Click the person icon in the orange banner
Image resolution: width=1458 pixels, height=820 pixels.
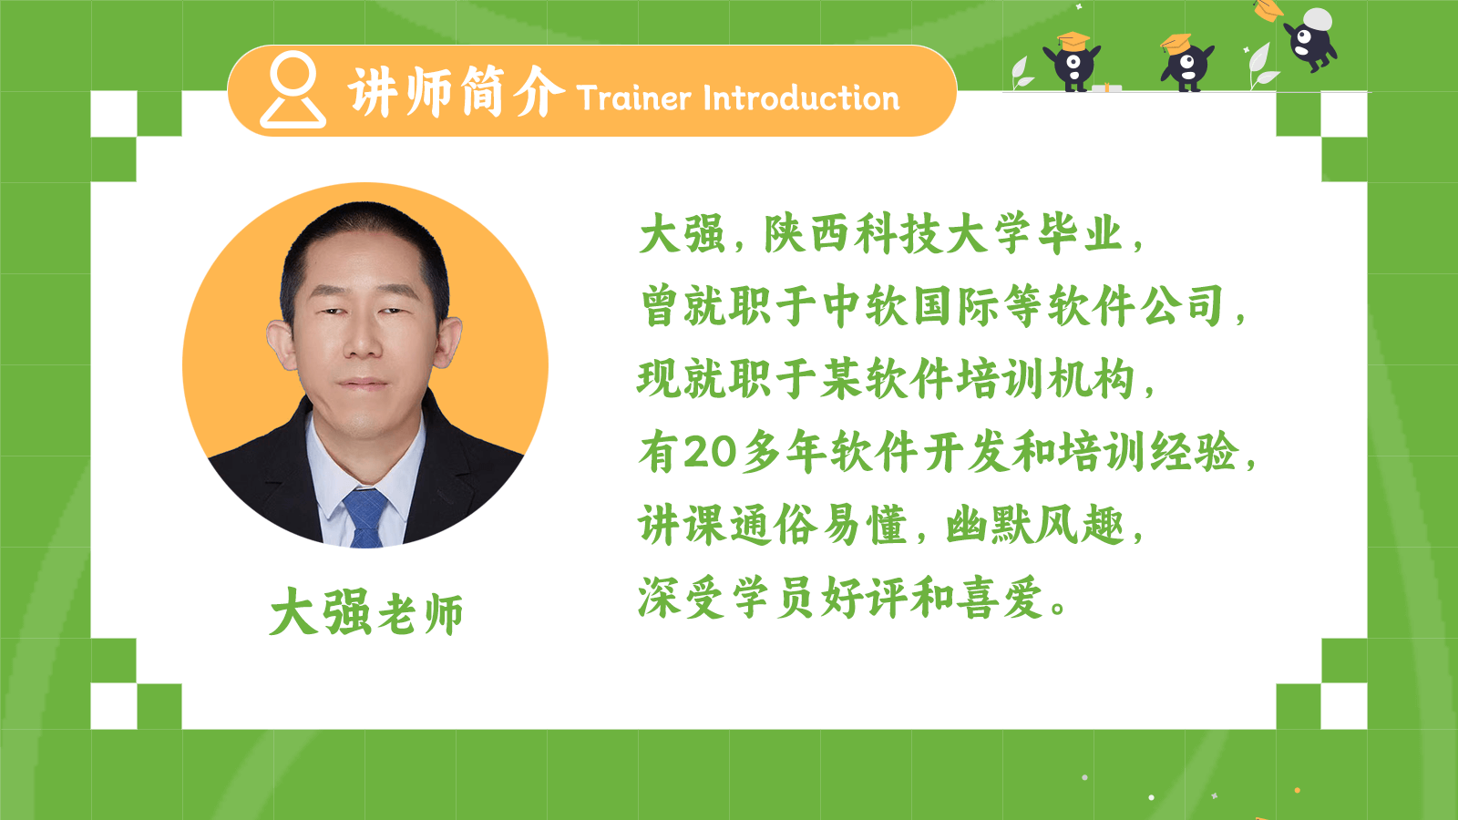pyautogui.click(x=293, y=90)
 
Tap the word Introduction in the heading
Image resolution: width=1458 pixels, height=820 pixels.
pyautogui.click(x=801, y=98)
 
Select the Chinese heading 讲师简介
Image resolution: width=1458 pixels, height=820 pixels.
pyautogui.click(x=457, y=92)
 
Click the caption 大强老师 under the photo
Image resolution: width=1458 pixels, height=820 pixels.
pyautogui.click(x=366, y=611)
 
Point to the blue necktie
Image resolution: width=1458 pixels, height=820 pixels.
pyautogui.click(x=365, y=518)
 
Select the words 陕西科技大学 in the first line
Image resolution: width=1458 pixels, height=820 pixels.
pyautogui.click(x=897, y=233)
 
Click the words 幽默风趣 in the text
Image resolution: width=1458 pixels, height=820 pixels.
pyautogui.click(x=1035, y=525)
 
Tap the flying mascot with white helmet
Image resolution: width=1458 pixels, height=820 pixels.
pyautogui.click(x=1310, y=39)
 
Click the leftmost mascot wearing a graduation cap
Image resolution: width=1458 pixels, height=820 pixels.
pyautogui.click(x=1072, y=61)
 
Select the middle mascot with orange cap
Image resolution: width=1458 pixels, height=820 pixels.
pyautogui.click(x=1186, y=63)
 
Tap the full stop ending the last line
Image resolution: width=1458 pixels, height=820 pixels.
pyautogui.click(x=1058, y=608)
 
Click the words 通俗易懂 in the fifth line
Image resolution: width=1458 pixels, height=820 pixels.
pyautogui.click(x=773, y=525)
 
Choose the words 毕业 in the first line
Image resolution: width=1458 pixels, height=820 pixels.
pyautogui.click(x=1081, y=233)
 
